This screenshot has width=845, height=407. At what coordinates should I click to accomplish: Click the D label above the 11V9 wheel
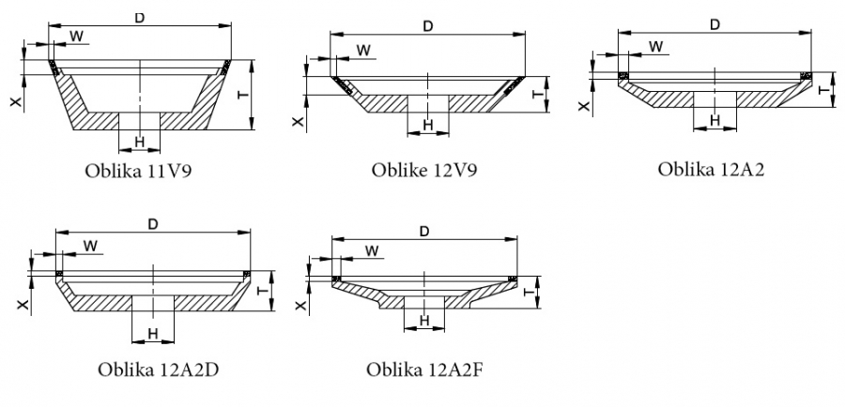[139, 19]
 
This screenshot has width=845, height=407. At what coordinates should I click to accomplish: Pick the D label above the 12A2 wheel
[714, 24]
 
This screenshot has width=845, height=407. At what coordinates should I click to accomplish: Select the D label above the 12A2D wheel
[153, 222]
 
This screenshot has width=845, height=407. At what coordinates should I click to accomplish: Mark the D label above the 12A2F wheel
[424, 231]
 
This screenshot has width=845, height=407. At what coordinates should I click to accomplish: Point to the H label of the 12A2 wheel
[714, 120]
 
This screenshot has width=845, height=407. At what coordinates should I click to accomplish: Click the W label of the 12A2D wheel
[91, 246]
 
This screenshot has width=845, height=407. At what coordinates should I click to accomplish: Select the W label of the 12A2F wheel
[373, 250]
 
